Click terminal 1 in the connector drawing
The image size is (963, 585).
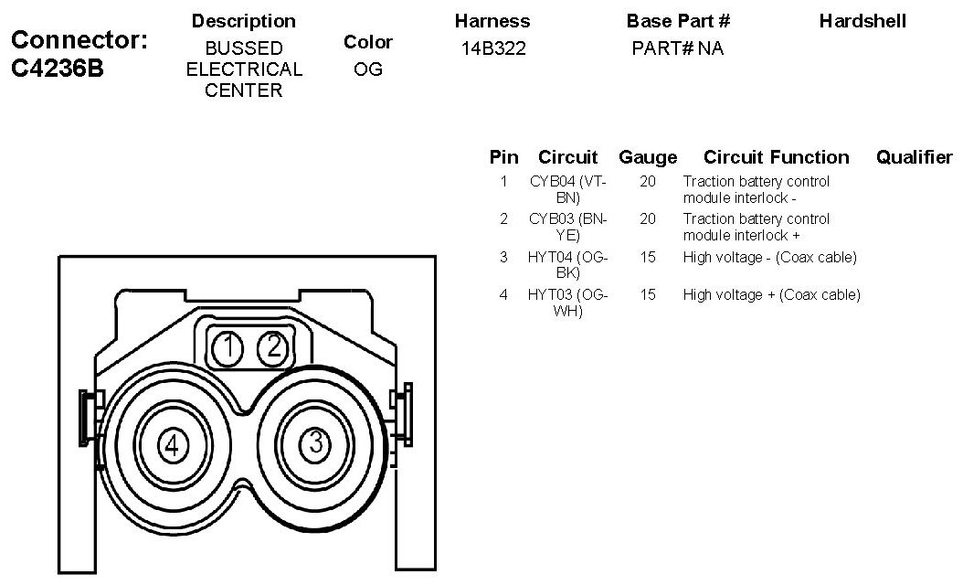tap(228, 347)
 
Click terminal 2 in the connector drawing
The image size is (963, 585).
tap(272, 346)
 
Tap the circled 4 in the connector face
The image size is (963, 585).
tap(173, 446)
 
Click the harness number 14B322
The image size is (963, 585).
tap(493, 48)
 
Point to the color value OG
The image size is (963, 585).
tap(367, 69)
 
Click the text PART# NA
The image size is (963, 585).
tap(677, 48)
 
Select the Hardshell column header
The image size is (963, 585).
tap(862, 20)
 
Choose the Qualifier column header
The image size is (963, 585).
tap(914, 157)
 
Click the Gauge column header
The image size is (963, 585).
tap(648, 157)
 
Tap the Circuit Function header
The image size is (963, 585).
tap(776, 157)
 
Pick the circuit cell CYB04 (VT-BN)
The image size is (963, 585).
tap(568, 189)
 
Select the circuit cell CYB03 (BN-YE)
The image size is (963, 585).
tap(568, 227)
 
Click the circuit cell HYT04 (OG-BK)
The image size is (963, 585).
tap(568, 264)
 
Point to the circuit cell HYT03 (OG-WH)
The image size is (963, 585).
tap(568, 302)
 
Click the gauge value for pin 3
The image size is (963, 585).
tap(648, 258)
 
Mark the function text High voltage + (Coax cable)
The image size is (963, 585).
tap(771, 294)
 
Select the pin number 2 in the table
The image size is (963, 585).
tap(503, 219)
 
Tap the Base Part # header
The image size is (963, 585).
tap(678, 20)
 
